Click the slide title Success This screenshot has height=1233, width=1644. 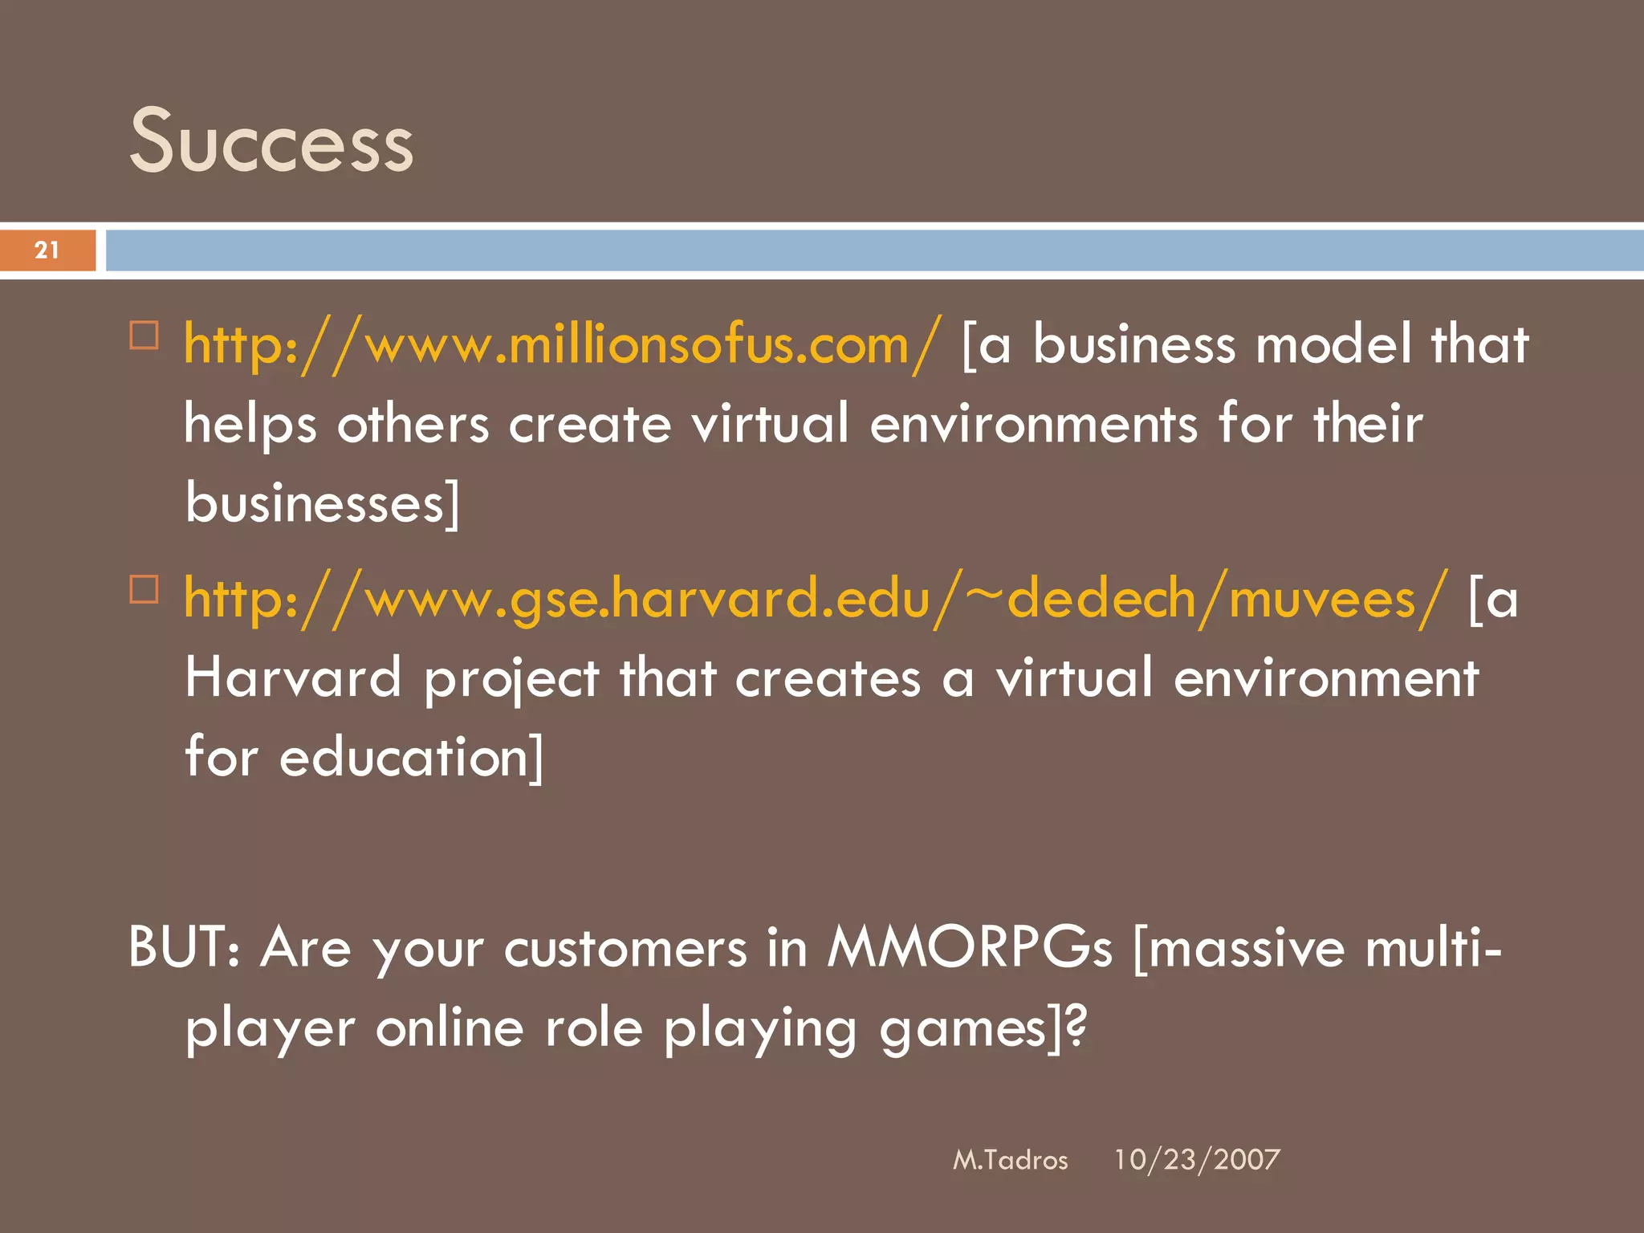point(271,143)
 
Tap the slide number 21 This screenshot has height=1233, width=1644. point(47,250)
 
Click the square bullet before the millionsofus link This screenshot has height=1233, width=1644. point(144,335)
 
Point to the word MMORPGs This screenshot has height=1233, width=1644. point(970,947)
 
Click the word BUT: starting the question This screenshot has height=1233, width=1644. point(184,947)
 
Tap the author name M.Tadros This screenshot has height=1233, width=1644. point(1010,1160)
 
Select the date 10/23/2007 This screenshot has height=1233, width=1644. point(1196,1160)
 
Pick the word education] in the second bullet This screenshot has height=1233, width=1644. point(411,757)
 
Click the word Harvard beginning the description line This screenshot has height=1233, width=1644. point(293,678)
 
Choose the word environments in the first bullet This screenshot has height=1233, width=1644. point(1033,424)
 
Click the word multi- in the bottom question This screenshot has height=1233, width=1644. point(1433,947)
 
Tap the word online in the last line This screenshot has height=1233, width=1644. point(450,1028)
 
